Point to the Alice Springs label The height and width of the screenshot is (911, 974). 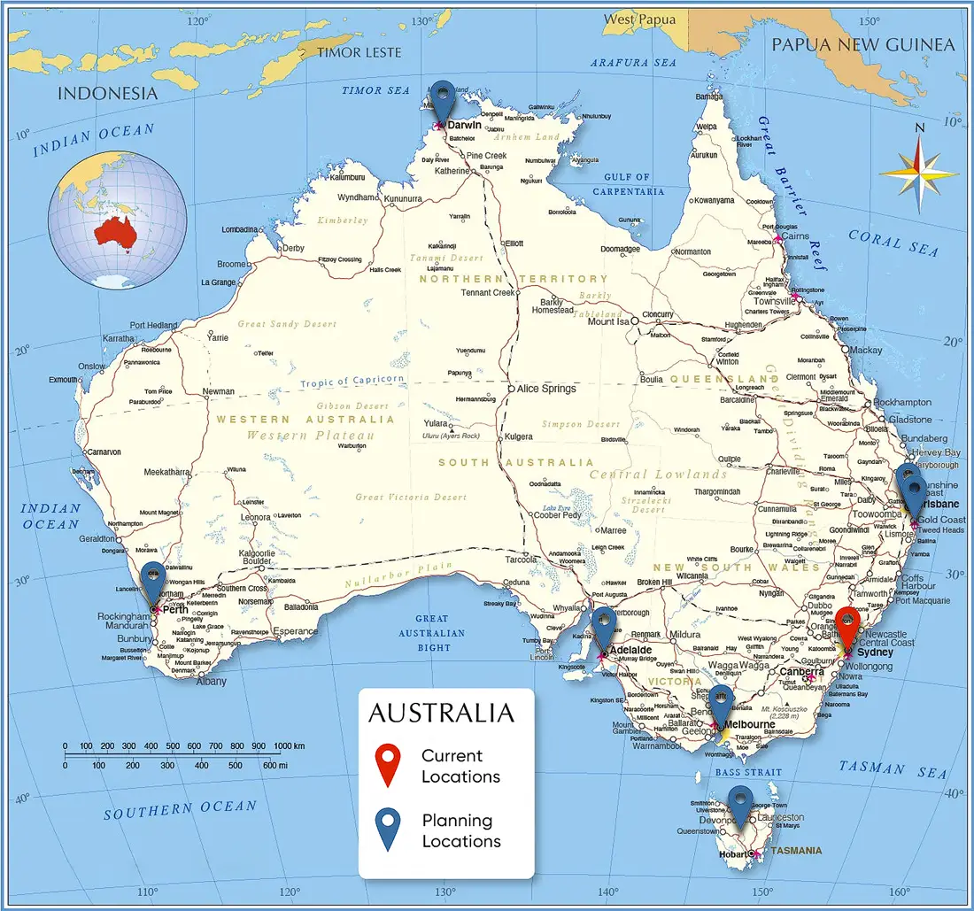(x=546, y=389)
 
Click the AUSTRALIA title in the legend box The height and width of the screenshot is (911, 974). (x=440, y=713)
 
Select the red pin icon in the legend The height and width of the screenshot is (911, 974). (x=388, y=764)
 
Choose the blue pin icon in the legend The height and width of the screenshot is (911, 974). (x=388, y=829)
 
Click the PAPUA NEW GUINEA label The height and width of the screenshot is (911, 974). (x=863, y=44)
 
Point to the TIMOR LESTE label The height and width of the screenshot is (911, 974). (x=360, y=52)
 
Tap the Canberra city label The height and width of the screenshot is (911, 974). (x=801, y=671)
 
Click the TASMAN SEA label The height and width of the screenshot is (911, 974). (x=893, y=769)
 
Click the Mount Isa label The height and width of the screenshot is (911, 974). (x=609, y=321)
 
